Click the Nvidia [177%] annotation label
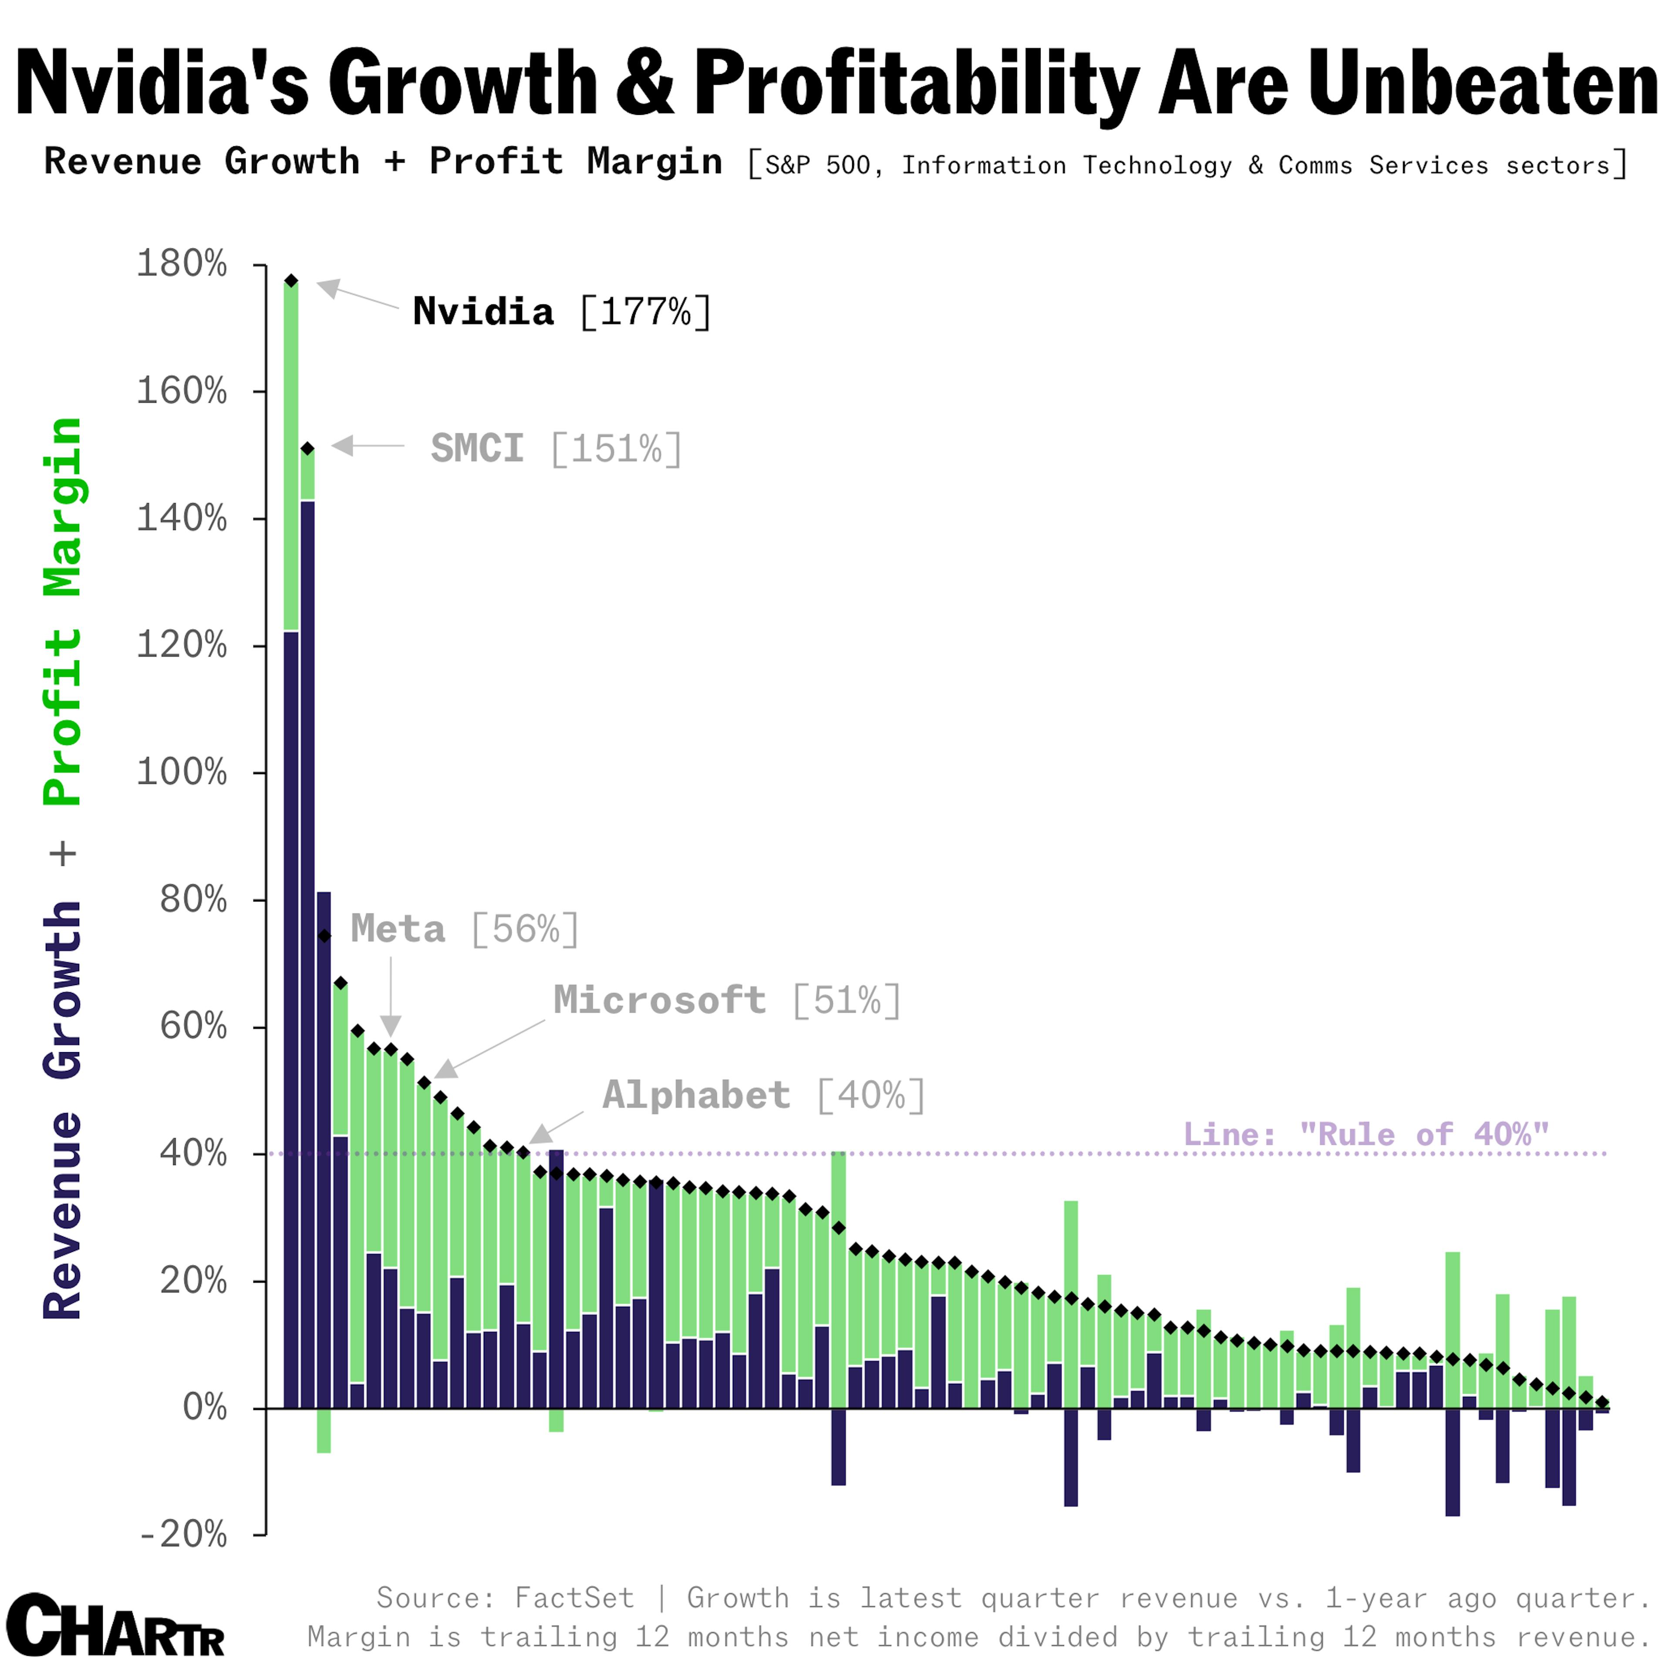tap(561, 312)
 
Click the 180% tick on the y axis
tap(182, 264)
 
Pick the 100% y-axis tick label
tap(182, 772)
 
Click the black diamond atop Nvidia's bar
tap(292, 280)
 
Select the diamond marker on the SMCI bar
tap(307, 448)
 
